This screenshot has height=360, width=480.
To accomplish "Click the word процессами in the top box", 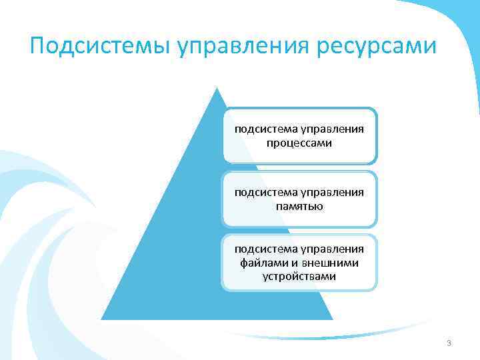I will point(299,143).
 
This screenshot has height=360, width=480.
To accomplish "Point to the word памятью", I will point(299,206).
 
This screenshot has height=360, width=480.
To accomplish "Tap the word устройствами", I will point(299,275).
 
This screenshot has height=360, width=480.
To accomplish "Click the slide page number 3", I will point(449,343).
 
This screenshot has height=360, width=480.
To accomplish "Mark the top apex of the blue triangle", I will point(217,87).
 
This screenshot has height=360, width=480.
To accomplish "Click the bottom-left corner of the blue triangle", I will point(101,319).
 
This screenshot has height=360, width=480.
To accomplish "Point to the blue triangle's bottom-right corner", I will point(333,319).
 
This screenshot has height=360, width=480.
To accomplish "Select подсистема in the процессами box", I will point(264,129).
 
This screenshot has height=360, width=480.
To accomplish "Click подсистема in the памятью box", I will point(264,193).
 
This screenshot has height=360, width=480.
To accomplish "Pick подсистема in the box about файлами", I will point(264,249).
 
